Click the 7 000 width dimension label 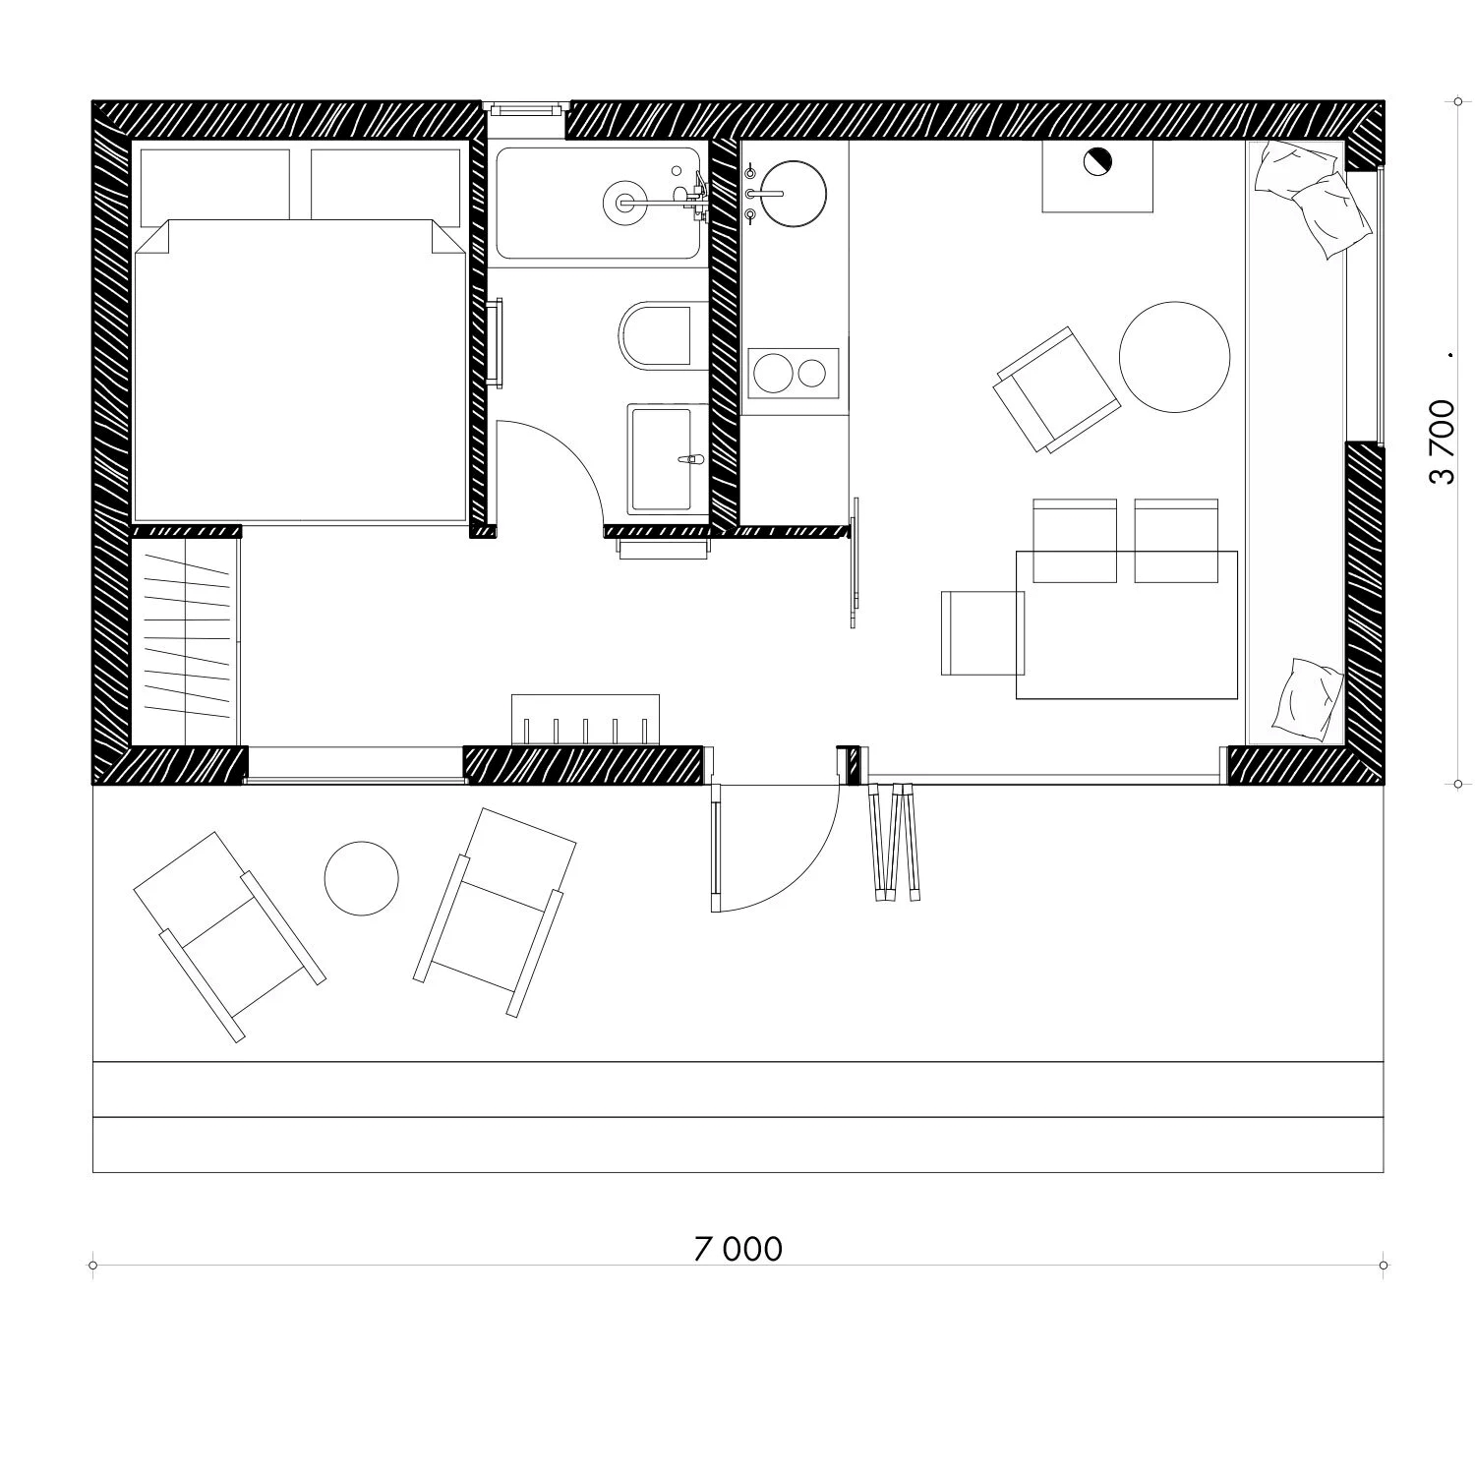(x=738, y=1249)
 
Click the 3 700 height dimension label (x=1442, y=442)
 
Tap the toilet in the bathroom (x=656, y=336)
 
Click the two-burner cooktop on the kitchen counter (x=794, y=373)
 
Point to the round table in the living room (x=1174, y=357)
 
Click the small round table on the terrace (x=362, y=878)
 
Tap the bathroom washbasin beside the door (x=668, y=458)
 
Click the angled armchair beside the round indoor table (x=1058, y=389)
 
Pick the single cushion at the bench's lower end (x=1308, y=699)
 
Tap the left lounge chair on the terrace (x=229, y=935)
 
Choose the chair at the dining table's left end (x=982, y=632)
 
